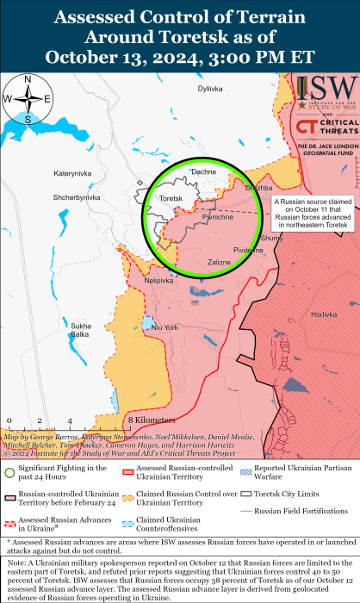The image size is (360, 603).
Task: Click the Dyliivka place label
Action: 209,89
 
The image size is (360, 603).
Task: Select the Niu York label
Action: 164,327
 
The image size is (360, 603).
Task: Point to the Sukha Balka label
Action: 81,329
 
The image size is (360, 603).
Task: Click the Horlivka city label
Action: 323,314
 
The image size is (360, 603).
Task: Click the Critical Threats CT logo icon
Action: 304,127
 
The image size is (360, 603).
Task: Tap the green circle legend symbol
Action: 9,471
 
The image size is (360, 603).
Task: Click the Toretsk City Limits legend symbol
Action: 247,494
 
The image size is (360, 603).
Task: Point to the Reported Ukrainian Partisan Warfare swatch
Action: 247,470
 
